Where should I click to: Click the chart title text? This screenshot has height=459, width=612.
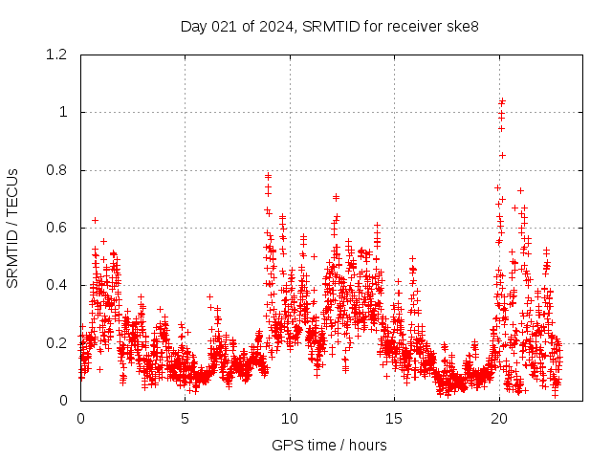[x=329, y=26]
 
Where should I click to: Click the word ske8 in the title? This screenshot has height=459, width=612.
[x=462, y=26]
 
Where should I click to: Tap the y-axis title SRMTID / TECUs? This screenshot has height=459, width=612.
[x=12, y=228]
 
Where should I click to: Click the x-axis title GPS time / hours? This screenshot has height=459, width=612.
[x=329, y=445]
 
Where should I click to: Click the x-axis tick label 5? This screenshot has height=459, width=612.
[x=185, y=419]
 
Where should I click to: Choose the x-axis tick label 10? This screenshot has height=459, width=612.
[x=290, y=419]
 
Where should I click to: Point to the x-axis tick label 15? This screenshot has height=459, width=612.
[x=394, y=419]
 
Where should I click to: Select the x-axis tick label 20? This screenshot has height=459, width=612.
[x=499, y=419]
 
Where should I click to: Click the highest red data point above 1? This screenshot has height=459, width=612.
[x=502, y=100]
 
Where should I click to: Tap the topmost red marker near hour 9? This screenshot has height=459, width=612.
[x=268, y=175]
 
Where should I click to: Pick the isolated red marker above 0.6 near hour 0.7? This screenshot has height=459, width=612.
[x=95, y=220]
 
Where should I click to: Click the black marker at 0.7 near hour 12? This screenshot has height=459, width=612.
[x=336, y=197]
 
